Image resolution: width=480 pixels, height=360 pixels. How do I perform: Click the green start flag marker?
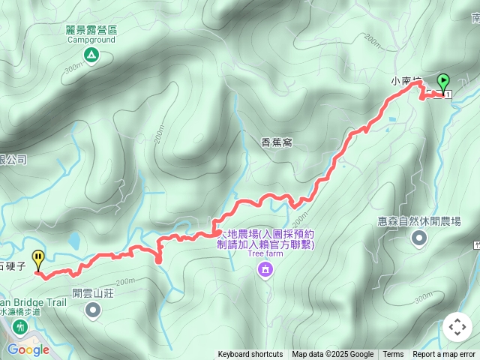coord(442,81)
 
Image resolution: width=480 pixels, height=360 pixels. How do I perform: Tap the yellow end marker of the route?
coord(38,259)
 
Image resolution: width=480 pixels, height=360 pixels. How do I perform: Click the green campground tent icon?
coord(91,54)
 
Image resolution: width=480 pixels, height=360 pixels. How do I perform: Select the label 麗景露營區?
coord(91,30)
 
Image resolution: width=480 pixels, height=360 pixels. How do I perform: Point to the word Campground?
coord(91,40)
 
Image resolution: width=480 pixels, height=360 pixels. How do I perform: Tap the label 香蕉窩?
coord(276,141)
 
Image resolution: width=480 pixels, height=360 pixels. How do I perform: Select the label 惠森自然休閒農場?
coord(419,222)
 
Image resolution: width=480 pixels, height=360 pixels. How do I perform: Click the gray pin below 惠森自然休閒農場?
coord(418,238)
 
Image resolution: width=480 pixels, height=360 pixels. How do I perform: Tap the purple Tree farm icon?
coord(264,269)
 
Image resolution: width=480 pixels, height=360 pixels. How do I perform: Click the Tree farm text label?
coord(264,254)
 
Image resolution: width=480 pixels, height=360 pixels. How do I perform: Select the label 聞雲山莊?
coord(93,293)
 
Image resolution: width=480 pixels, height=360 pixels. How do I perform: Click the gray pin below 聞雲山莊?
coord(93,310)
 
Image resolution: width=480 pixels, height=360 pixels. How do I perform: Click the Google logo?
coord(28,349)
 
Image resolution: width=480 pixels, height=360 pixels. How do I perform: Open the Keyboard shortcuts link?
coord(250,355)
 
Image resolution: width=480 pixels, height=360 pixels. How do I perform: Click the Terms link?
coord(393,355)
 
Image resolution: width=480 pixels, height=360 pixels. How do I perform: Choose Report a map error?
coord(445,355)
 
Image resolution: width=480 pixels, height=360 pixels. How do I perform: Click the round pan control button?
coord(457,327)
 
